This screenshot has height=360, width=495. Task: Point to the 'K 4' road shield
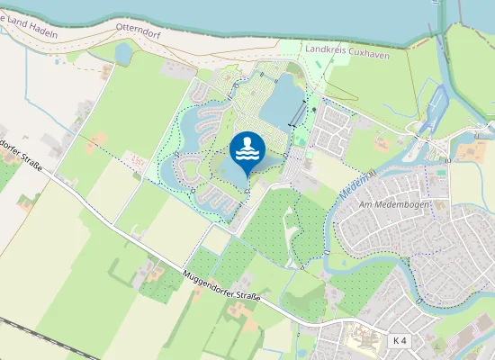point(400,340)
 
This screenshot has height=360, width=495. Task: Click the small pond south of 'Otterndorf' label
point(123,54)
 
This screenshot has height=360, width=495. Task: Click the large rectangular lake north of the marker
point(285,99)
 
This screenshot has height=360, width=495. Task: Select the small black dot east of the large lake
point(314,109)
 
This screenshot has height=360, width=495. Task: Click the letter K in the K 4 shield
point(397,340)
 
